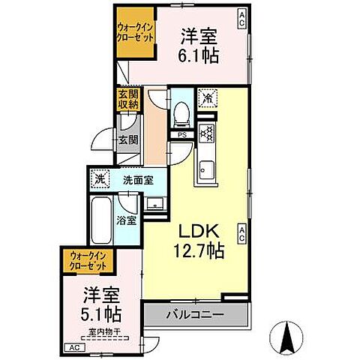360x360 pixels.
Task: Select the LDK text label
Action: pyautogui.click(x=196, y=229)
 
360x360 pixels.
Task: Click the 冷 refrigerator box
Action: pyautogui.click(x=206, y=96)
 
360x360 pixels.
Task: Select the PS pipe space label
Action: pyautogui.click(x=182, y=134)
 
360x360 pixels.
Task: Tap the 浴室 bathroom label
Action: pyautogui.click(x=126, y=220)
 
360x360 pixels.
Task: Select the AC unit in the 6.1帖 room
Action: pyautogui.click(x=241, y=15)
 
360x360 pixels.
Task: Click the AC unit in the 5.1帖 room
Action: pyautogui.click(x=75, y=348)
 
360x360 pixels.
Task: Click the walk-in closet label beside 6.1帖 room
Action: pyautogui.click(x=136, y=32)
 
